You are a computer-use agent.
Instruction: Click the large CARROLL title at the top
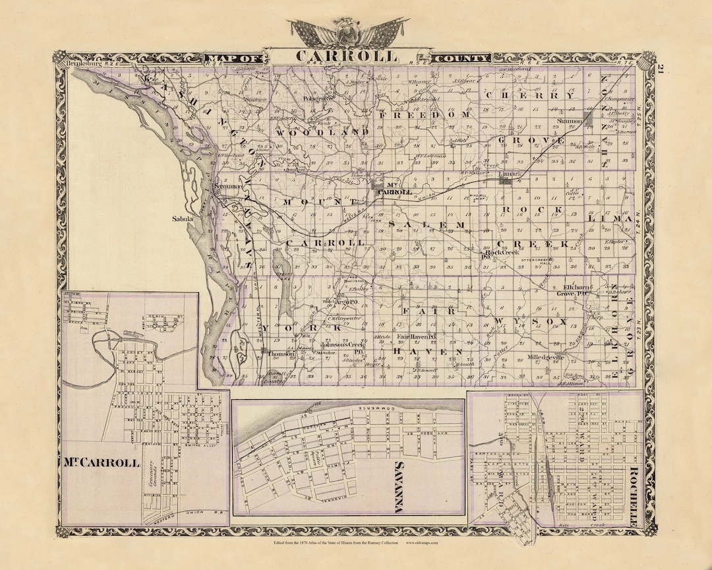pos(347,57)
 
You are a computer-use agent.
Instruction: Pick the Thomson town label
pos(280,354)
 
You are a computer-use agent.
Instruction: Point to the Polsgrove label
pos(314,99)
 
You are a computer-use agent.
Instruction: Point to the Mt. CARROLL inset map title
pos(102,462)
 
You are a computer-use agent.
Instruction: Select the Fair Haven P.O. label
pos(417,337)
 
